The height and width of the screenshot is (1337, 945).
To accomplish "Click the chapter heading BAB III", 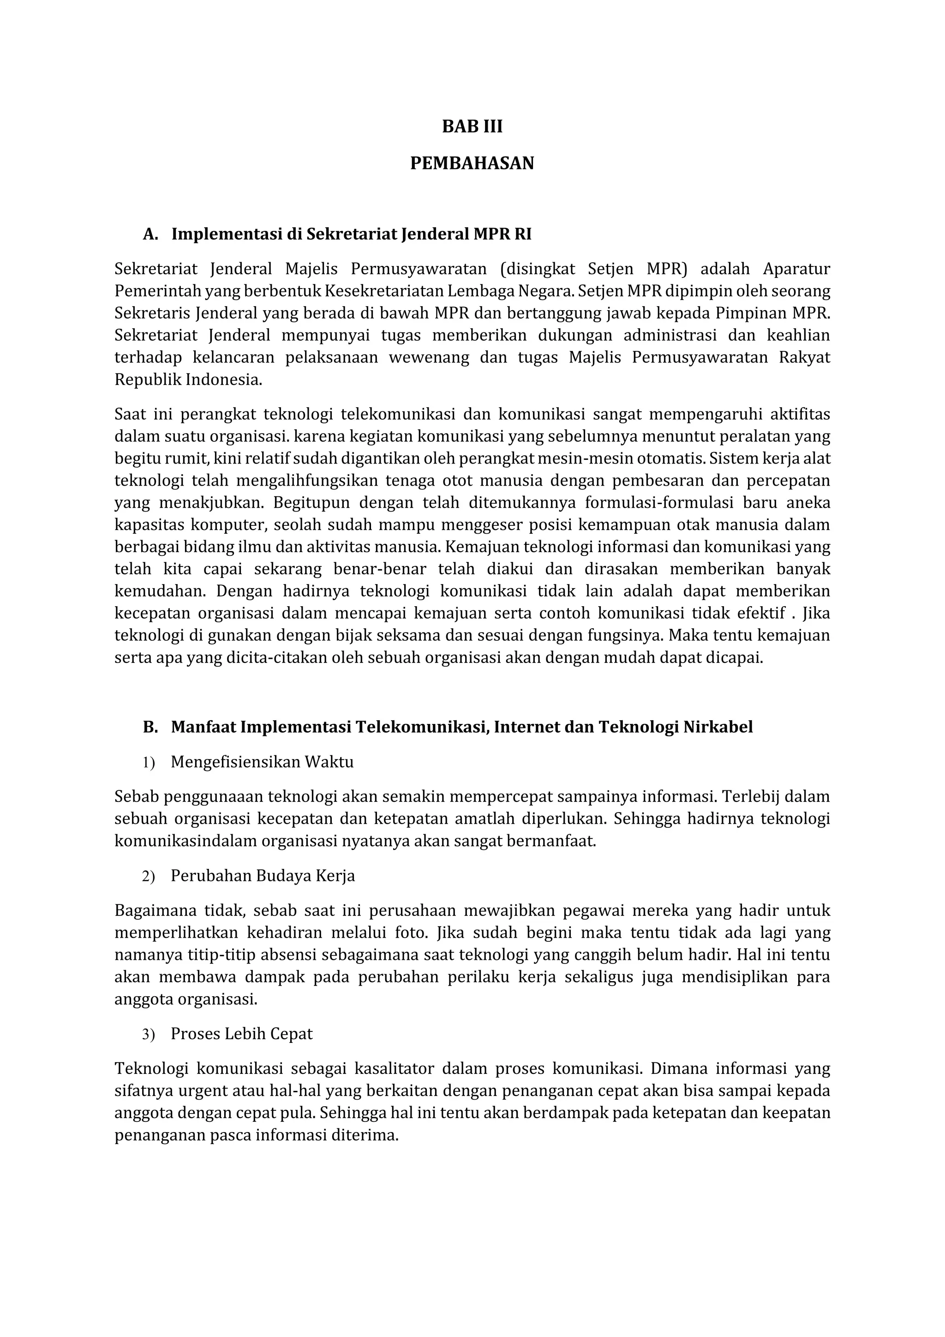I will coord(472,127).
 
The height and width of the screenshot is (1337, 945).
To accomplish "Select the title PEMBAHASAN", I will coord(472,163).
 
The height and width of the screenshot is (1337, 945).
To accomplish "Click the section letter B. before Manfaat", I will coord(150,727).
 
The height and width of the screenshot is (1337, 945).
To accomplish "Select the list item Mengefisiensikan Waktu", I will coord(262,762).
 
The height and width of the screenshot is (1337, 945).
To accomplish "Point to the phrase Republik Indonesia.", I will coord(187,379).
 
